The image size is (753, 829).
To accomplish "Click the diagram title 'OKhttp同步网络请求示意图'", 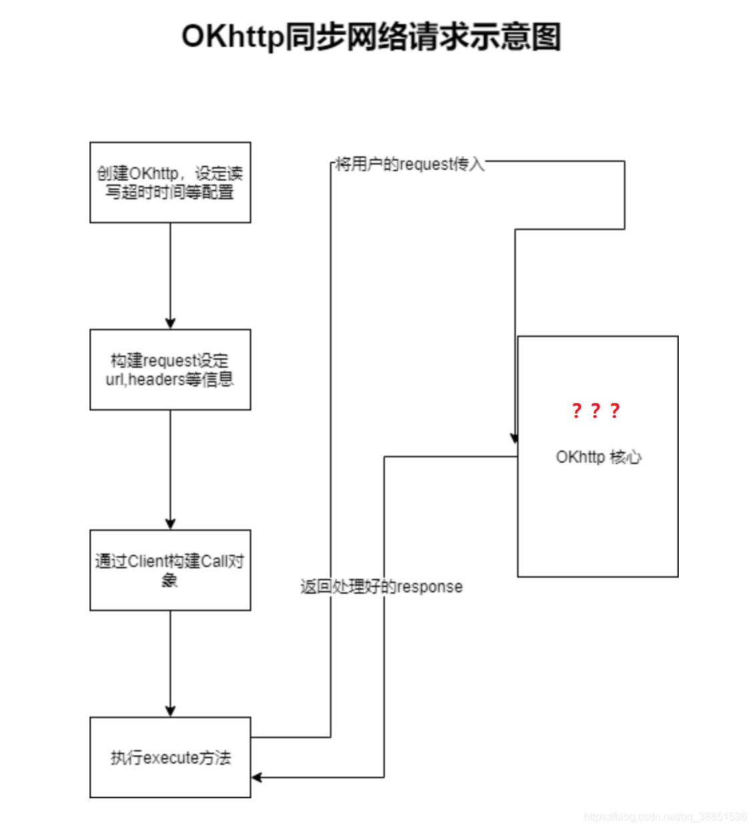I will tap(371, 37).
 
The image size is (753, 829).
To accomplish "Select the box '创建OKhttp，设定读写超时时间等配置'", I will tap(170, 182).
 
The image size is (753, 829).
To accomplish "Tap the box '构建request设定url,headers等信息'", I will tap(170, 369).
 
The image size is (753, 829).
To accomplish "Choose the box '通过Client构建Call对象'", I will tap(170, 570).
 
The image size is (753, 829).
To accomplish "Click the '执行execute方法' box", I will tap(170, 757).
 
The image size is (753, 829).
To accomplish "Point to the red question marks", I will tap(596, 410).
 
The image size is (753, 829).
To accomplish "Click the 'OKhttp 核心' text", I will tap(598, 457).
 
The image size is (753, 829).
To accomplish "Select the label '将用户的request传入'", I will tap(410, 164).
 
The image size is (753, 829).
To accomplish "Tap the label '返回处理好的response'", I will tap(382, 587).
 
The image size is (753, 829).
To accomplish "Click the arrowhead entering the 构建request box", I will tap(170, 324).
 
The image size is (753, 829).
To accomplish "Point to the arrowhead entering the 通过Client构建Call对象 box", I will tap(170, 524).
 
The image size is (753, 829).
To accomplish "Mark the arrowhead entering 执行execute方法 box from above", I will tap(170, 711).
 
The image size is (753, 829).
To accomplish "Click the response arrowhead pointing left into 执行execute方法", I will tap(257, 777).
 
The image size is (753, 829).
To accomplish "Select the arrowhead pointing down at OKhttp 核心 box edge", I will tap(514, 438).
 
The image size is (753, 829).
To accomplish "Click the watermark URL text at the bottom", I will tap(665, 816).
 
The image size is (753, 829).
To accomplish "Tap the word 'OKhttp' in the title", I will tap(233, 37).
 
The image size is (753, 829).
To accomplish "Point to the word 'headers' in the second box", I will tap(156, 380).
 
